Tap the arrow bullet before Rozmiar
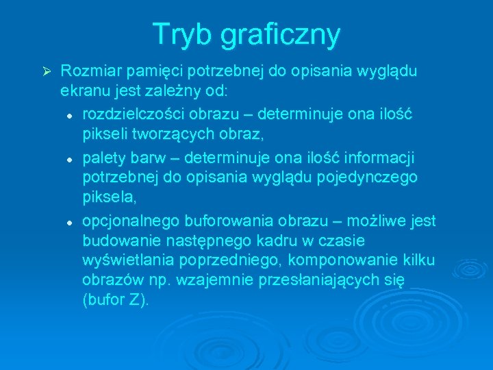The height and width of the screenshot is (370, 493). (47, 71)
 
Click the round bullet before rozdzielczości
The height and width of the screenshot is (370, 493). (71, 112)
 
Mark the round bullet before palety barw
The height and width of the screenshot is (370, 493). (71, 158)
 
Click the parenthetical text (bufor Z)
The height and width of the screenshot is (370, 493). (115, 300)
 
